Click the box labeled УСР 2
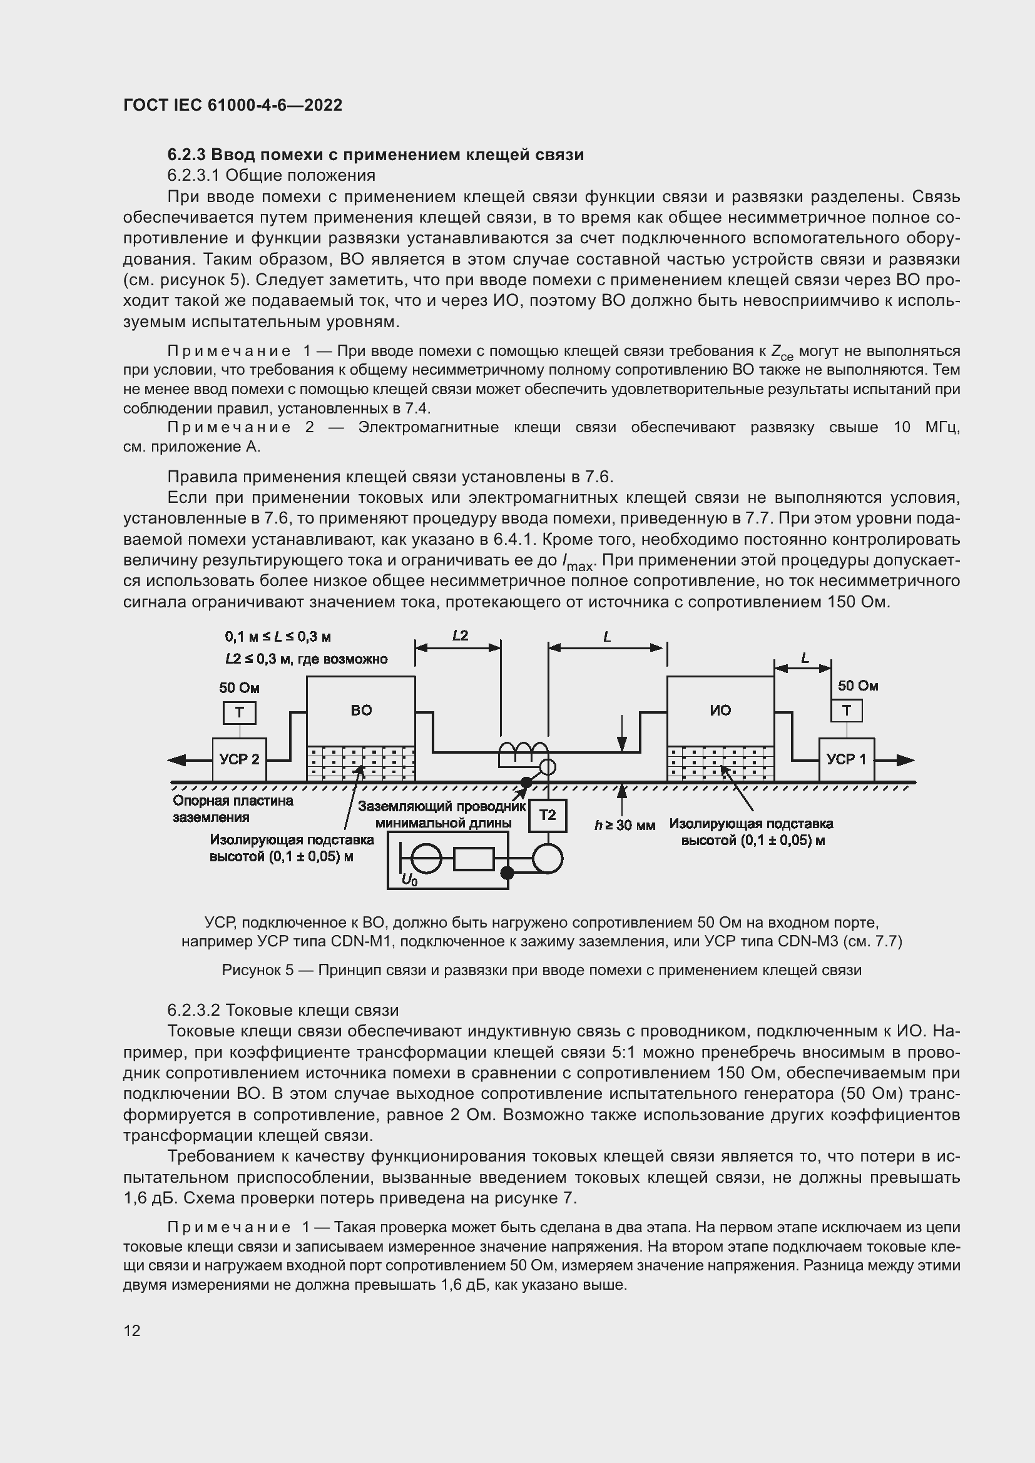tap(239, 759)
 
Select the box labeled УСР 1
tap(847, 759)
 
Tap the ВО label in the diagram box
tap(361, 711)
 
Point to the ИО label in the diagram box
tap(720, 711)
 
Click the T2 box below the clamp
tap(548, 815)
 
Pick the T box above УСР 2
tap(239, 712)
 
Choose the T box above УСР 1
tap(847, 711)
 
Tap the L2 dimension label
tap(459, 635)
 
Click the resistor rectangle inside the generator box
tap(474, 859)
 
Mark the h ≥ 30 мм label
tap(625, 825)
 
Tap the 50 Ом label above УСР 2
tap(239, 687)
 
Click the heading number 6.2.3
tap(186, 154)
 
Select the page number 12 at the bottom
tap(132, 1330)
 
